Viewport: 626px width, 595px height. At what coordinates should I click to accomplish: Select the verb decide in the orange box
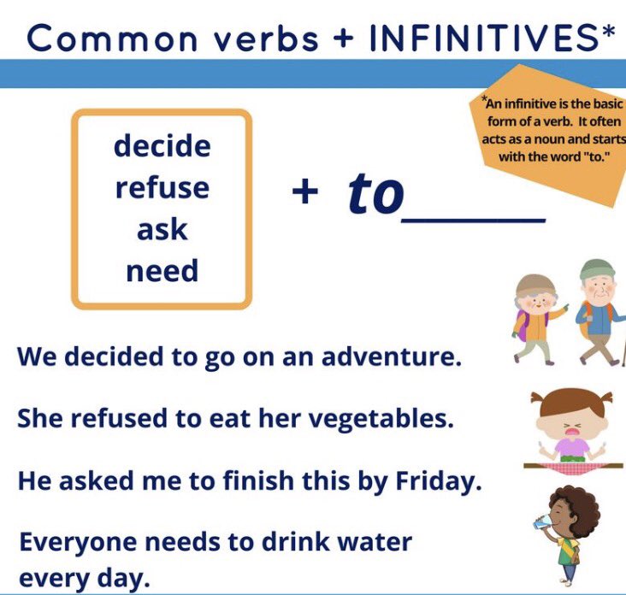tap(162, 146)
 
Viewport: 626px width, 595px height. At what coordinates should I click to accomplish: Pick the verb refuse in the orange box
tap(162, 188)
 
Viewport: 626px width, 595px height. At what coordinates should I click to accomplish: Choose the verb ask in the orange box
tap(162, 229)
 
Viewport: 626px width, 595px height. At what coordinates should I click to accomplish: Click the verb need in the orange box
tap(162, 271)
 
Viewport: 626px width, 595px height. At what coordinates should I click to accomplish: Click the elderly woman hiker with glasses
tap(537, 315)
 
